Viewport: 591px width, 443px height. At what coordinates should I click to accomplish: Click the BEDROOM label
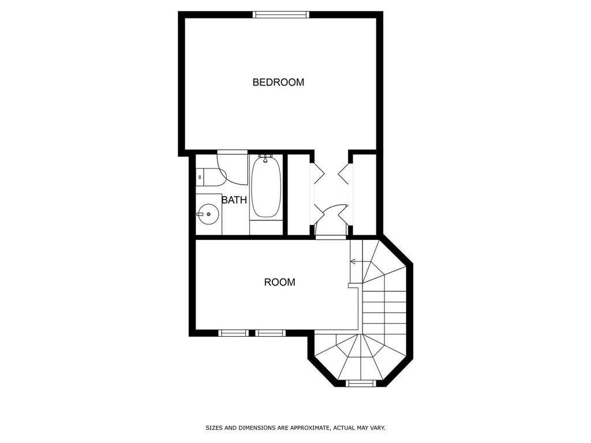coord(278,82)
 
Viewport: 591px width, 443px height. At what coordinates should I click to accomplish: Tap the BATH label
coord(234,200)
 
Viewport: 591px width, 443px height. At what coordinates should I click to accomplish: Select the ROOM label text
coord(279,282)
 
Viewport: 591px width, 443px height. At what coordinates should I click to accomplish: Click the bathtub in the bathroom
coord(265,187)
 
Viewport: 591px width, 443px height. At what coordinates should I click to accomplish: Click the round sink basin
coord(208,214)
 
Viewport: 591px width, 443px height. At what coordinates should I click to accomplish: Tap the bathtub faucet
coord(265,158)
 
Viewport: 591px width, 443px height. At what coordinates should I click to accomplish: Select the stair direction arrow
coord(356,261)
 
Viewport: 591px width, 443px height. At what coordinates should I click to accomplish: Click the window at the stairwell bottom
coord(361,383)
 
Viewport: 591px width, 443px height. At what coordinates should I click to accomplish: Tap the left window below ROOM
coord(233,333)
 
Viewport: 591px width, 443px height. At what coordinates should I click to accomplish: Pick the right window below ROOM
coord(270,333)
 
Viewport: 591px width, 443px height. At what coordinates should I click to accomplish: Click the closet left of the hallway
coord(299,194)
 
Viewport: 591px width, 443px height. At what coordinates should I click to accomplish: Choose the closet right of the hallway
coord(365,194)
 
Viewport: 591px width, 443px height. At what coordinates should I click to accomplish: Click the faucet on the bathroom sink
coord(200,214)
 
